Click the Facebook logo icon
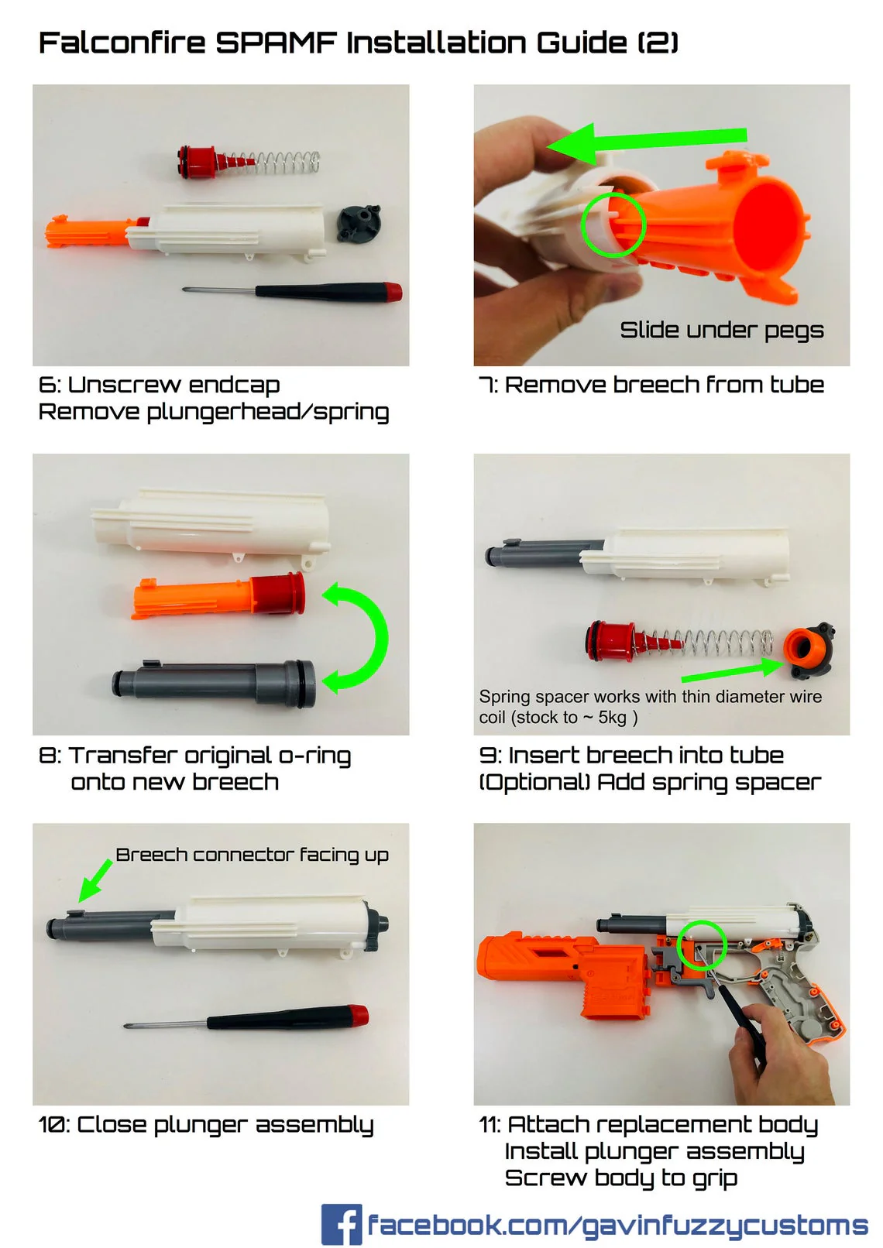pos(342,1224)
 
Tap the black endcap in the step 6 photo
pos(359,223)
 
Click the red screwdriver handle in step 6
pos(392,292)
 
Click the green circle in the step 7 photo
pos(613,225)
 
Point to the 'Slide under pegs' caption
pos(721,331)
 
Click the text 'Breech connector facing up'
pos(252,855)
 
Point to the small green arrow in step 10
pos(94,882)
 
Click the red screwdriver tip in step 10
pos(357,1013)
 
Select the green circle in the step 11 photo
pos(702,945)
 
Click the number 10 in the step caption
pos(53,1125)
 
